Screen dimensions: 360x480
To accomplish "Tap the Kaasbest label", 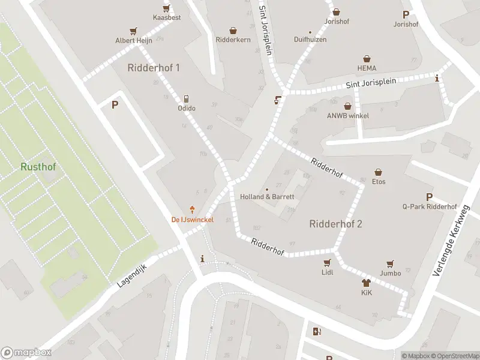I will [166, 17].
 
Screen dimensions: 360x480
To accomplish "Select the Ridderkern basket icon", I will [233, 31].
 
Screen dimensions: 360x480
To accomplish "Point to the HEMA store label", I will [367, 68].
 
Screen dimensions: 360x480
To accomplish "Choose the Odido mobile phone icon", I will [187, 98].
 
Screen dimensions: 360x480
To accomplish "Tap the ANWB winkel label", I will [347, 116].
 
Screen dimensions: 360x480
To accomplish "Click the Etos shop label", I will [379, 181].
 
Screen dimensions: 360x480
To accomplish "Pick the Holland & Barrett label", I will [267, 197].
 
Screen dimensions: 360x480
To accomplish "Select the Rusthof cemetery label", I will [38, 167].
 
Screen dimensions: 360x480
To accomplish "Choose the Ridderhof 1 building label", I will [154, 68].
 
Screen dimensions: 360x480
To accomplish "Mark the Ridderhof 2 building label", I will [335, 224].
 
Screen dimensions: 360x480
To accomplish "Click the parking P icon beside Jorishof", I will [406, 15].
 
